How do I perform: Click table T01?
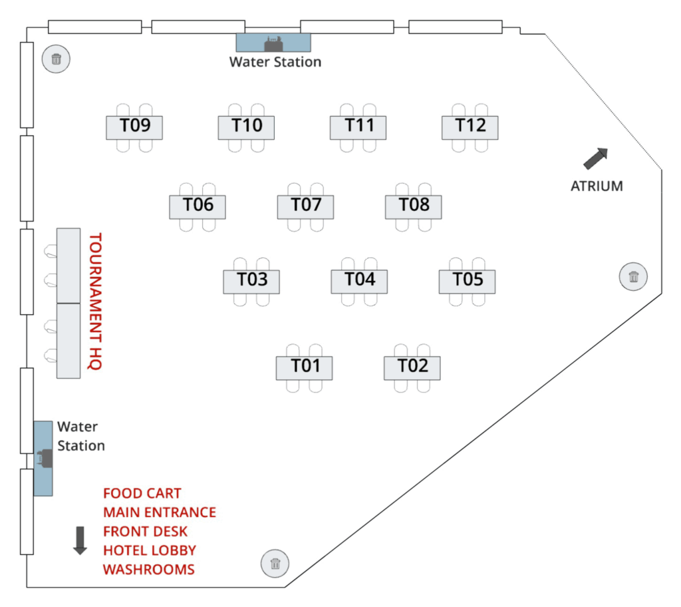pos(304,367)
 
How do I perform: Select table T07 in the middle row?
pos(305,206)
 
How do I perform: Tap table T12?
pos(470,126)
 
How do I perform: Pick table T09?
pos(134,126)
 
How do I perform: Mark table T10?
pos(246,126)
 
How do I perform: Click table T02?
pos(412,367)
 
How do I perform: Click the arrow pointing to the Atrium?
pos(595,159)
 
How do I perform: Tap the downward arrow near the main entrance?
pos(80,540)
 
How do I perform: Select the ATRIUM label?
pos(597,186)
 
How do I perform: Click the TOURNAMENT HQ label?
pos(95,301)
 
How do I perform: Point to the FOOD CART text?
pos(142,494)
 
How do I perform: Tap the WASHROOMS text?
pos(148,570)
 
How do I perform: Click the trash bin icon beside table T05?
pos(633,277)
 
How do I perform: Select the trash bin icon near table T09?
pos(56,59)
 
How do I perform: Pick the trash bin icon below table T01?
pos(275,564)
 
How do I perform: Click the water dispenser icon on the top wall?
pos(273,44)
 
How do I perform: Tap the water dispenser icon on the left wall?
pos(44,459)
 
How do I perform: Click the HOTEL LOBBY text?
pos(149,550)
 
